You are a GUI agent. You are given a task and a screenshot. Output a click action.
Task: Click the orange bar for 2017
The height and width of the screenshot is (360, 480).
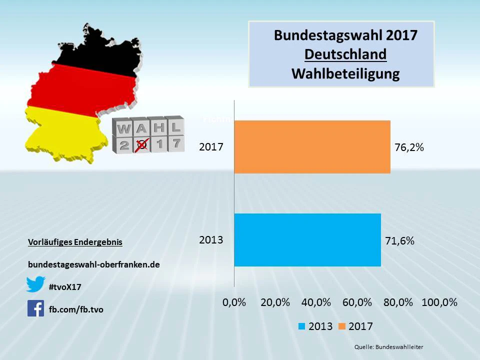(x=312, y=147)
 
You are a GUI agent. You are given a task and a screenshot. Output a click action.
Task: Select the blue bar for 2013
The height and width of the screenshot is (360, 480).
(x=307, y=240)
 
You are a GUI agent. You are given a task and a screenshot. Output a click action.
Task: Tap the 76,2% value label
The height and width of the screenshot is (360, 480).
(x=409, y=147)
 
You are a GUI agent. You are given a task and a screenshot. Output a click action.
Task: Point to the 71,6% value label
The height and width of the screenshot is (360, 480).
(x=399, y=241)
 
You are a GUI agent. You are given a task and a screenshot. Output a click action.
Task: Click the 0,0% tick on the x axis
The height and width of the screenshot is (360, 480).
(x=234, y=302)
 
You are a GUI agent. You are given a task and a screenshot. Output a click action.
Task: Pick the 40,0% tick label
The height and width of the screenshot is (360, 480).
(x=316, y=302)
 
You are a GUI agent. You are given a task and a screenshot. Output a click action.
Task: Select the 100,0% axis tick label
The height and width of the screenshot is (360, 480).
(x=439, y=302)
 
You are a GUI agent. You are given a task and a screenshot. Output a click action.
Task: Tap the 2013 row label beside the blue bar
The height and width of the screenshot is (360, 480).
(x=211, y=240)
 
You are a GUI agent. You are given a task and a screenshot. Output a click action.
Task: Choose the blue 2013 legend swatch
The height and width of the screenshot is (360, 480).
(x=301, y=326)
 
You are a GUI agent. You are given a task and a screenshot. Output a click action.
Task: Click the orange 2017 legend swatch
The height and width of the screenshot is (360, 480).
(x=342, y=326)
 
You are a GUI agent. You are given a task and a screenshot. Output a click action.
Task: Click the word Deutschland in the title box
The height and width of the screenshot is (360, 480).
(x=345, y=54)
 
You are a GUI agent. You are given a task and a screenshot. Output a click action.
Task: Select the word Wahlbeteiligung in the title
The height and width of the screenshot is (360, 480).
(x=345, y=73)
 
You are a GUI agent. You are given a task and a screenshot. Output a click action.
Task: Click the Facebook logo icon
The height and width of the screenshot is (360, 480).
(x=35, y=308)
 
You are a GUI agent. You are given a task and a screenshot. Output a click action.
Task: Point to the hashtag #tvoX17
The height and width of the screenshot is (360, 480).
(x=65, y=287)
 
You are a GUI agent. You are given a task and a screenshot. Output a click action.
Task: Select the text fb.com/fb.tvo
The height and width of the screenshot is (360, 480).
(x=76, y=309)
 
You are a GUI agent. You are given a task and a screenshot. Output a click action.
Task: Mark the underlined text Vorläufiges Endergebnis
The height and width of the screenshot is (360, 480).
(x=75, y=242)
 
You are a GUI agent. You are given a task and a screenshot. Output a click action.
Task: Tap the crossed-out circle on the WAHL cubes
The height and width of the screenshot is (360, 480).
(x=142, y=145)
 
